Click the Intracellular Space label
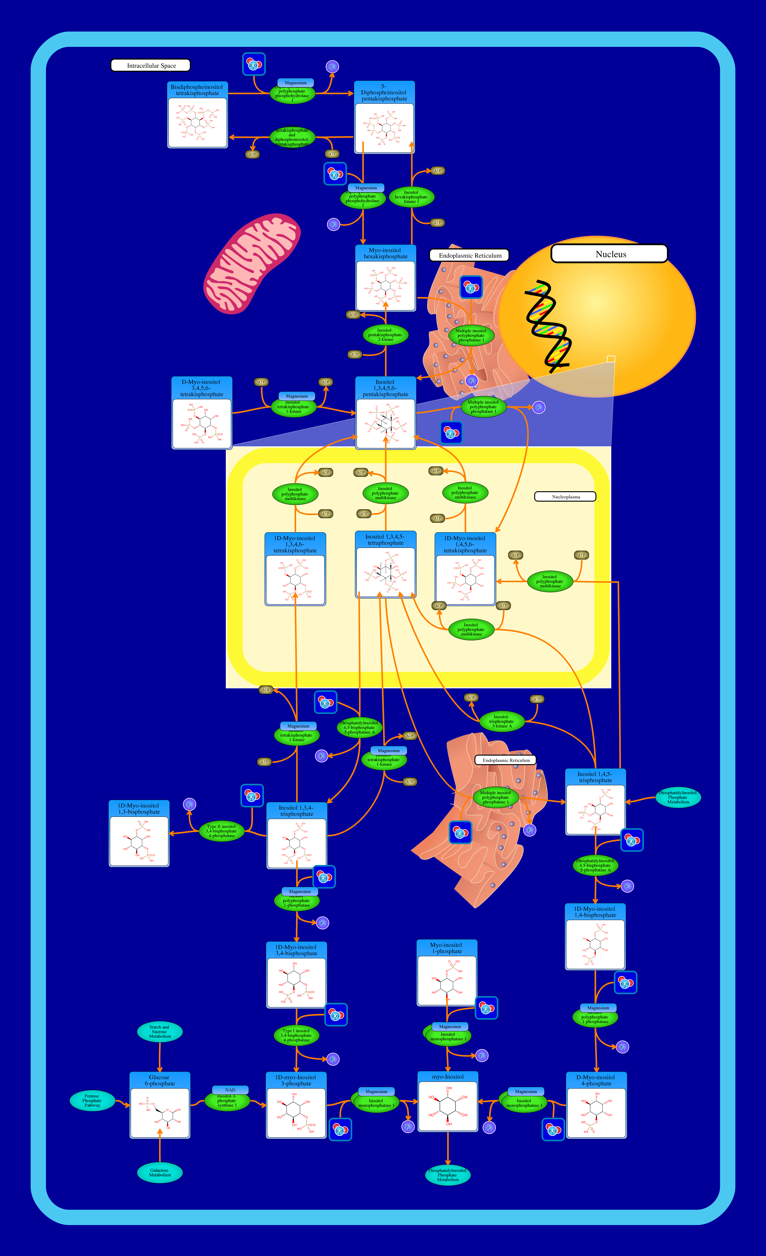coord(151,65)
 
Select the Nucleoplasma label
coord(565,496)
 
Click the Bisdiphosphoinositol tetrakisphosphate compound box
coord(197,115)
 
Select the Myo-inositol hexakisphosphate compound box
coord(386,278)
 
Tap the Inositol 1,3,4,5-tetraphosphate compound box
coord(386,564)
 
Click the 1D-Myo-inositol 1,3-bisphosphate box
coord(139,834)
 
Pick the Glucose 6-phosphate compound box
coord(160,1105)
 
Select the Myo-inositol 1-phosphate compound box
coord(447,973)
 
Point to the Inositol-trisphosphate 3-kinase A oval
coord(501,721)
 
